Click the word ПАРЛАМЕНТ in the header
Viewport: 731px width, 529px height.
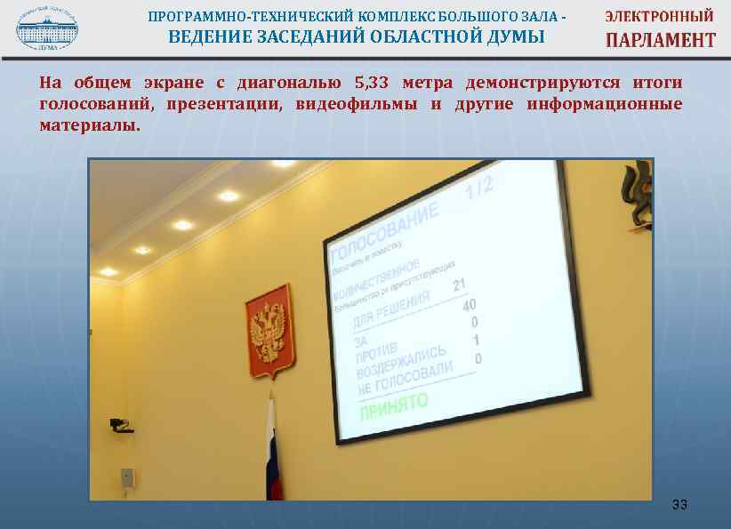660,40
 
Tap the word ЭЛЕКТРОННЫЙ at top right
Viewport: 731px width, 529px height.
660,16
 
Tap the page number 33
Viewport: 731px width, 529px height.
679,506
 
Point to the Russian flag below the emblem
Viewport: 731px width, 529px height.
272,453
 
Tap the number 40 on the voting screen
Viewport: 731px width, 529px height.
469,305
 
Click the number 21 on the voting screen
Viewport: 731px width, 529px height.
459,285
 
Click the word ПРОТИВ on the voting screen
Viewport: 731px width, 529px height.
374,354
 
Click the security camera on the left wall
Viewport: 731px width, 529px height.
120,424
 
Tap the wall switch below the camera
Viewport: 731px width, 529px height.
127,477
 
